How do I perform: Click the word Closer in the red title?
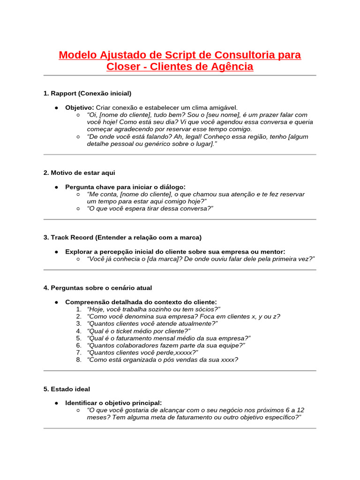coord(123,67)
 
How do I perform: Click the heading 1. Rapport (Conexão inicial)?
coord(87,93)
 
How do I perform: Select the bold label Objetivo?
coord(79,107)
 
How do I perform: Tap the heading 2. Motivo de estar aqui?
coord(79,172)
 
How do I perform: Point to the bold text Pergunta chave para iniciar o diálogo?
coord(125,187)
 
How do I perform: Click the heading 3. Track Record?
coord(122,237)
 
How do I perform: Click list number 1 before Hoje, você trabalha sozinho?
coord(78,309)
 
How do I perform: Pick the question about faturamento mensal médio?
coord(169,338)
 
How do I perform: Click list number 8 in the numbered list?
coord(78,360)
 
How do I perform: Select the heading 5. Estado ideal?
coord(67,389)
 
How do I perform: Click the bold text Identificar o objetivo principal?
coord(113,403)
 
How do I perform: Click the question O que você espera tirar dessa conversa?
coord(150,209)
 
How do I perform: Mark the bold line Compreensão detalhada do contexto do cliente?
coord(141,302)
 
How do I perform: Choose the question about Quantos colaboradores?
coord(166,345)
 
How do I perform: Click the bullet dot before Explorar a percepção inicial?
coord(56,252)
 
